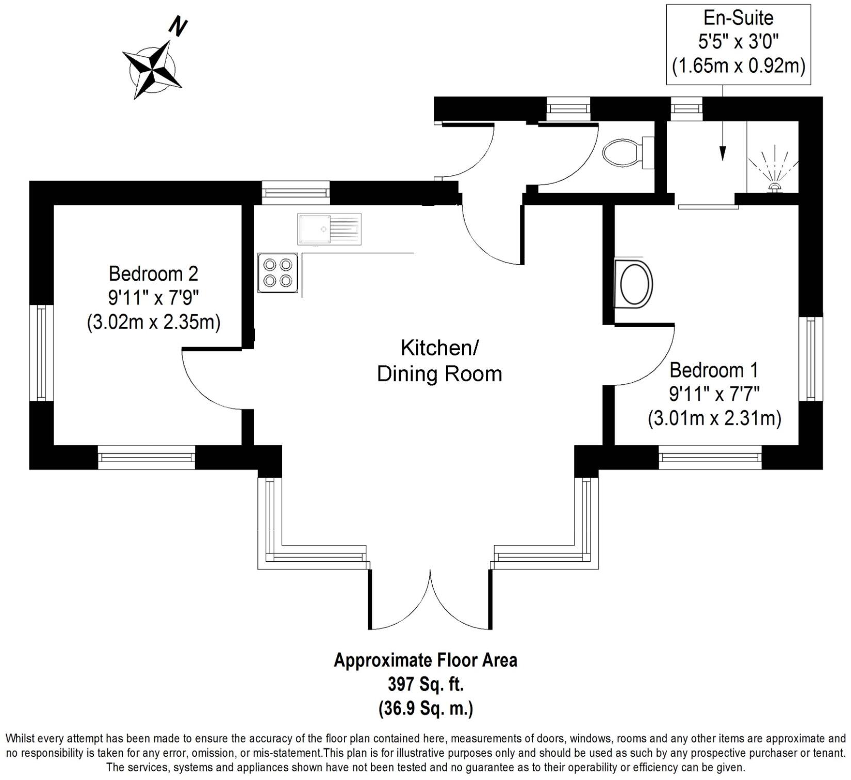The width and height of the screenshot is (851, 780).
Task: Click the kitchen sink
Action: coord(329,229)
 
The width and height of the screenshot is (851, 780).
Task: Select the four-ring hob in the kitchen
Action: coord(278,273)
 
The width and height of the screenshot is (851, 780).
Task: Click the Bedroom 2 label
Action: coord(153,273)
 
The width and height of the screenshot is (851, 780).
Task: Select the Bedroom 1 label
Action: coord(714,370)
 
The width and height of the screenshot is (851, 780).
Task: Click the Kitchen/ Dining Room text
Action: coord(439,361)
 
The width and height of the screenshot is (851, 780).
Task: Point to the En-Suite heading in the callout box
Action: coord(739,18)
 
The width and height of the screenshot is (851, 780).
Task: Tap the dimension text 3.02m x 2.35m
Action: coord(153,322)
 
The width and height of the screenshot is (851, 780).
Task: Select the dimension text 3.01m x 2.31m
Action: coord(714,418)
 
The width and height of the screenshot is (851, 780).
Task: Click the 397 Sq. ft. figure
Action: coord(425,685)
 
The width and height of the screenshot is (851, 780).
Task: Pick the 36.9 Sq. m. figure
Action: coord(425,708)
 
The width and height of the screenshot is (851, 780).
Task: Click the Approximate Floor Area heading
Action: coord(425,660)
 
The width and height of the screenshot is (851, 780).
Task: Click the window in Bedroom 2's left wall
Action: coord(42,352)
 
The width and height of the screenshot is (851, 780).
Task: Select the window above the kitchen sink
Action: coord(296,192)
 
